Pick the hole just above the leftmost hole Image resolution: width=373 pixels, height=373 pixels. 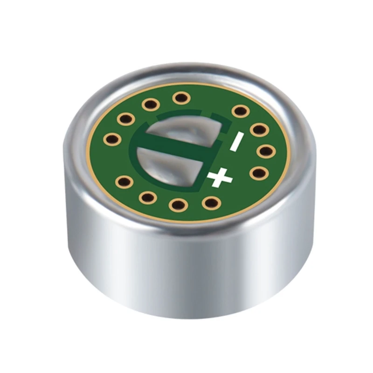126,119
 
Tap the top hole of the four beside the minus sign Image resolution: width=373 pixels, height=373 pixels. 240,111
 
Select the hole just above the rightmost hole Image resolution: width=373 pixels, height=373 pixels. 258,129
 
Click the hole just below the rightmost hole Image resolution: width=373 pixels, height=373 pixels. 257,173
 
